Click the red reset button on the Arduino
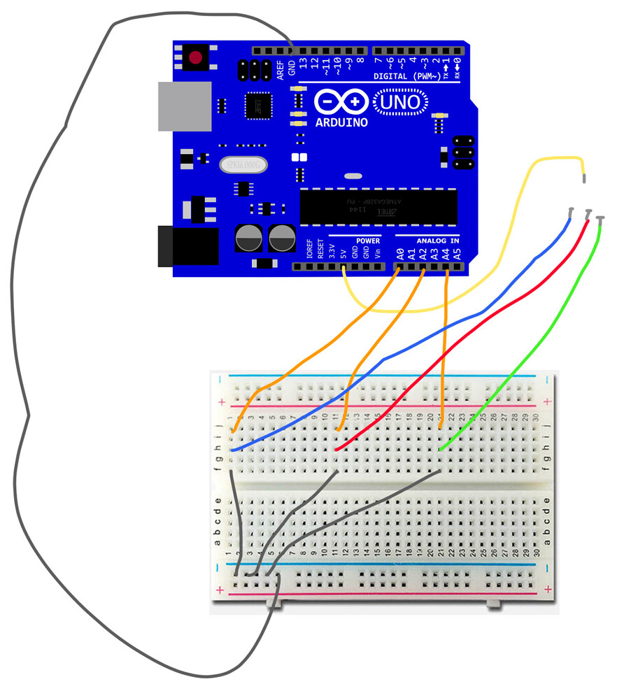click(x=196, y=57)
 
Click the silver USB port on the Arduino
click(x=184, y=106)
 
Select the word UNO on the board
click(x=401, y=104)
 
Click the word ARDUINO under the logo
click(x=341, y=122)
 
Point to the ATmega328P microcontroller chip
click(x=378, y=206)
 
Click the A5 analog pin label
click(x=457, y=252)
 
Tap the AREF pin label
click(x=280, y=70)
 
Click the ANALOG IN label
click(x=439, y=241)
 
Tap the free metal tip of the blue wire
click(x=572, y=211)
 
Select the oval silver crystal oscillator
click(x=243, y=165)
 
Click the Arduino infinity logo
click(x=341, y=102)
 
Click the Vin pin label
click(x=378, y=252)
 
